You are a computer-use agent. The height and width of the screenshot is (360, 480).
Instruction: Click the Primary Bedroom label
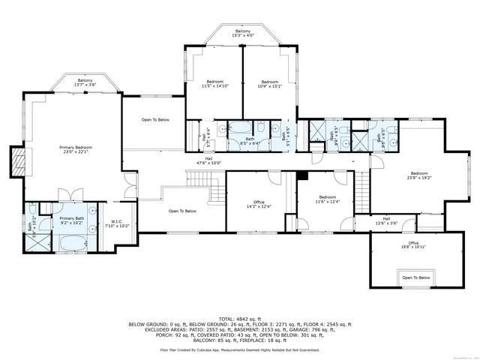tap(76, 150)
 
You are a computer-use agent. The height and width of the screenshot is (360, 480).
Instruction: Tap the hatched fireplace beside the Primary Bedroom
tap(17, 159)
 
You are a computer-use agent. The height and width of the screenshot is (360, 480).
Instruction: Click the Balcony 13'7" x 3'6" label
tap(85, 82)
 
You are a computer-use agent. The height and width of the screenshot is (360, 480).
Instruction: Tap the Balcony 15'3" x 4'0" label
tap(241, 33)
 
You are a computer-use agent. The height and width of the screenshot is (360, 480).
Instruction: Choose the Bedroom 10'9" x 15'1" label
tap(270, 83)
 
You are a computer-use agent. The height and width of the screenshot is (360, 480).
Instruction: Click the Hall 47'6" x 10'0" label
tap(209, 160)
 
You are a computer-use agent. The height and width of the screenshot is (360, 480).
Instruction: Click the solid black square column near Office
tap(302, 176)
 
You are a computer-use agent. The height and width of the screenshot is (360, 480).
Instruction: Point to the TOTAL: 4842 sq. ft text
tap(240, 319)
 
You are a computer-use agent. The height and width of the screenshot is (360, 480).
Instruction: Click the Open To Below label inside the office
tap(415, 277)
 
